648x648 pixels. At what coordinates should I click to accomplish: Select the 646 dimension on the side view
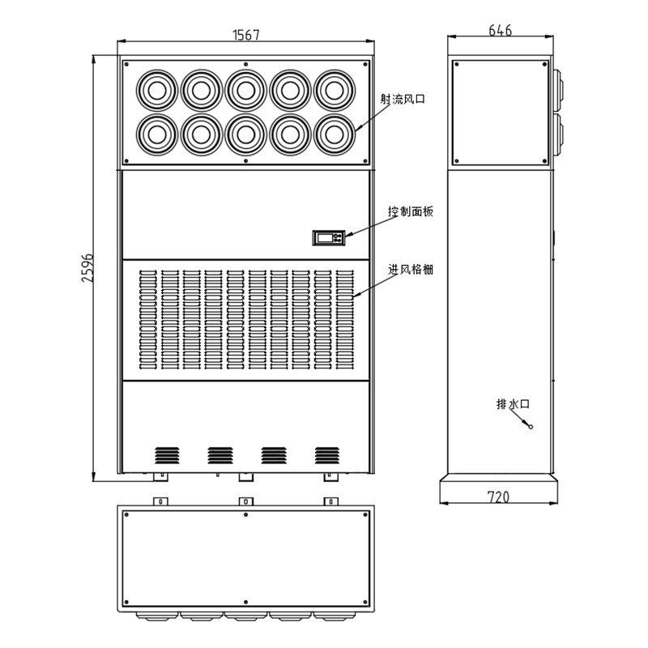point(501,31)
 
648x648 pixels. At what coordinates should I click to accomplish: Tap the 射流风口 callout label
point(403,100)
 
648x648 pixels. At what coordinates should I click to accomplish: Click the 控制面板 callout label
point(411,211)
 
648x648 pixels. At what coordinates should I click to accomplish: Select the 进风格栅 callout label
point(411,270)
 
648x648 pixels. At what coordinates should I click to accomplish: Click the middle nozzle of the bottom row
point(245,132)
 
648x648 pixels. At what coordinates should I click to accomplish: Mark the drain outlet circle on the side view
point(531,426)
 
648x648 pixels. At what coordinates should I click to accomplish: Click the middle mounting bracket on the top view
point(245,501)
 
